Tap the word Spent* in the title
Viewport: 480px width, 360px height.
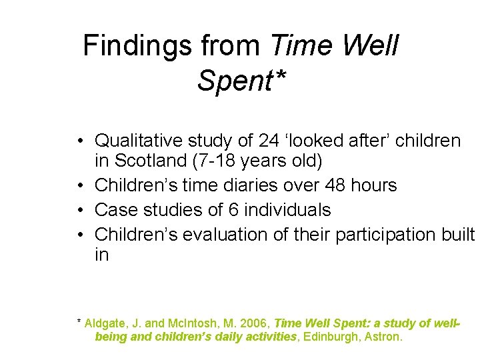242,81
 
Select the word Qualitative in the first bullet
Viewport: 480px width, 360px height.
139,141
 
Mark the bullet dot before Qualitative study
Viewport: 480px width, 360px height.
79,141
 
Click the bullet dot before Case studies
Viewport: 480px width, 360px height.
79,211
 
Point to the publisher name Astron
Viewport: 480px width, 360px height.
383,337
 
